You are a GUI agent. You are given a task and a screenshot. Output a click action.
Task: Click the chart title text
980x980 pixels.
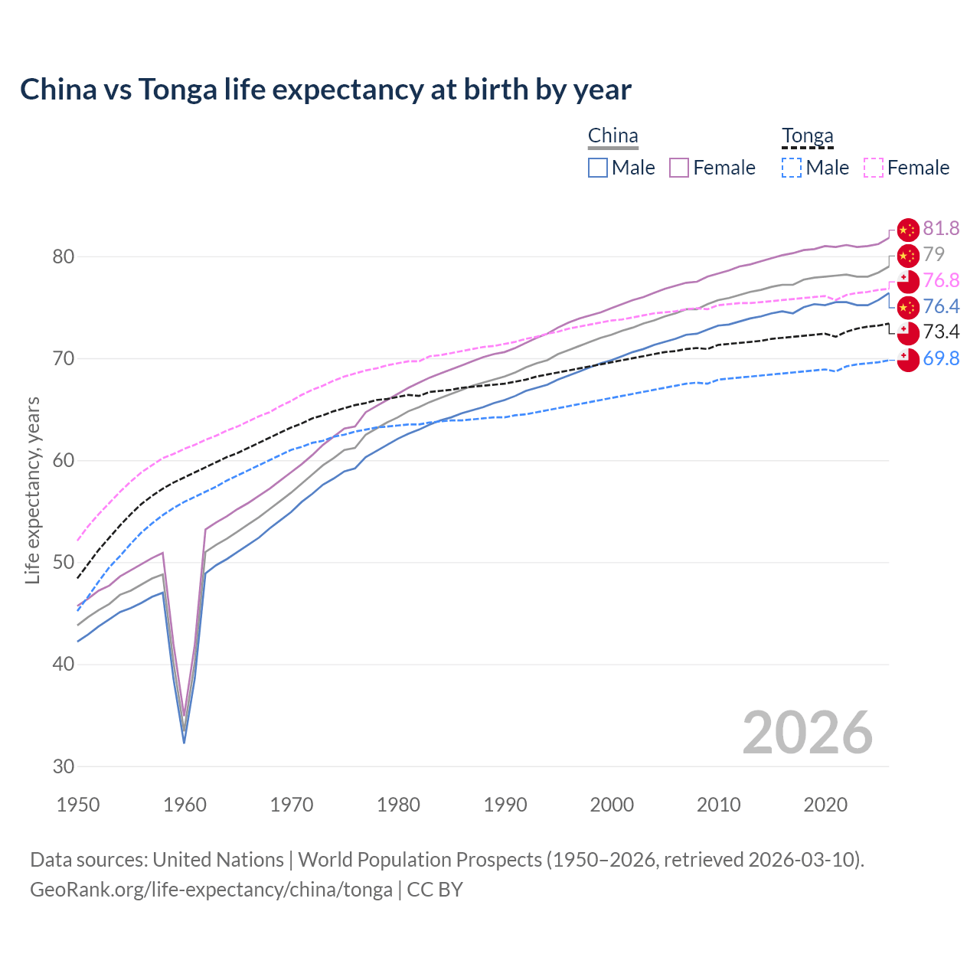pyautogui.click(x=325, y=90)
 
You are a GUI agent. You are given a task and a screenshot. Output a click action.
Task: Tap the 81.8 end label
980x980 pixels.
pyautogui.click(x=941, y=228)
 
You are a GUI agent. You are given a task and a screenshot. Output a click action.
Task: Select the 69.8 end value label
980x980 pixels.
pyautogui.click(x=941, y=358)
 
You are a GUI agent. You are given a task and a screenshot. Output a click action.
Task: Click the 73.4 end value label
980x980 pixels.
pyautogui.click(x=941, y=332)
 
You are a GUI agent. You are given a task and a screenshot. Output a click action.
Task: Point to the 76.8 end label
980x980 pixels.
pyautogui.click(x=941, y=280)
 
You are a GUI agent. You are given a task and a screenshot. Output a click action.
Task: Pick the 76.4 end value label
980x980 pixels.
pyautogui.click(x=941, y=306)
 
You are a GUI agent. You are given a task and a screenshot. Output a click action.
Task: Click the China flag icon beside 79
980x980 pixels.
pyautogui.click(x=907, y=255)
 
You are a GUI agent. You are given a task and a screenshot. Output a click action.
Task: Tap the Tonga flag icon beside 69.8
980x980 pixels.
pyautogui.click(x=907, y=358)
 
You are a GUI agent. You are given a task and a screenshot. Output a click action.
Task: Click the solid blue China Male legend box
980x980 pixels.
pyautogui.click(x=598, y=168)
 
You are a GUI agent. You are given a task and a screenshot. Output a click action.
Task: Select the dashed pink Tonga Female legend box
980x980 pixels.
pyautogui.click(x=874, y=168)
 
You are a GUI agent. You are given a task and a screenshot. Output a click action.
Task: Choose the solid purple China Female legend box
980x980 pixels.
pyautogui.click(x=679, y=168)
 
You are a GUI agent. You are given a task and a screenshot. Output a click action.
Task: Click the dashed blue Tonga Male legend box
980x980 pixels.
pyautogui.click(x=792, y=168)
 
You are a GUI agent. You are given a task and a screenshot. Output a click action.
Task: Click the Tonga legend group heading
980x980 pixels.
pyautogui.click(x=807, y=136)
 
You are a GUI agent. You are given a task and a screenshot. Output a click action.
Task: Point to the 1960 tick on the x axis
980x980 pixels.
pyautogui.click(x=185, y=805)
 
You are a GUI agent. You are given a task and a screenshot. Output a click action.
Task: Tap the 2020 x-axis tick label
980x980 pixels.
pyautogui.click(x=825, y=805)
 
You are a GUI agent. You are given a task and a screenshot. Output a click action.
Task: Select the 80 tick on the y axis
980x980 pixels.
pyautogui.click(x=64, y=256)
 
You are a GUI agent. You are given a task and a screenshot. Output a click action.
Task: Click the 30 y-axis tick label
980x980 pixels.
pyautogui.click(x=64, y=766)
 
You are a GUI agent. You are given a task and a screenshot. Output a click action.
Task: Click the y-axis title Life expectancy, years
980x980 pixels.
pyautogui.click(x=33, y=490)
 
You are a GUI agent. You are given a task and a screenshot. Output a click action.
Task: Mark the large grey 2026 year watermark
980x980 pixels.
pyautogui.click(x=807, y=733)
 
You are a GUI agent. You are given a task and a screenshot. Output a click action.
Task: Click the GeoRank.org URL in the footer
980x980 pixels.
pyautogui.click(x=211, y=890)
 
